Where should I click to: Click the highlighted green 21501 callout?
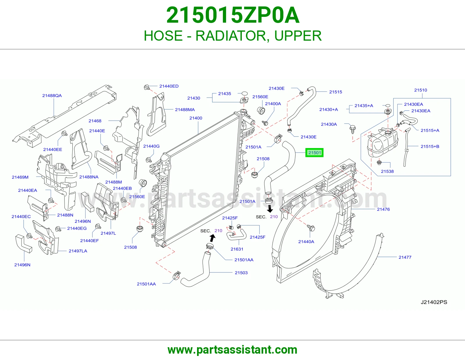314,153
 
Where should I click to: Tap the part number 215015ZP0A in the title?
233,15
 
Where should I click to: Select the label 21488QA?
52,96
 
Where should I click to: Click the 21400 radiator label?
196,118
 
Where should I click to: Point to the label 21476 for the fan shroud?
383,209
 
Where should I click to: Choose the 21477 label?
405,257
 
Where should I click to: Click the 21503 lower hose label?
241,273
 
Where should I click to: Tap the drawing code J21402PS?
434,302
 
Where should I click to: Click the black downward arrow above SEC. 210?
270,209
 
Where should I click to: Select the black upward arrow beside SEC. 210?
212,238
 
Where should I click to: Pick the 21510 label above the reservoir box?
421,90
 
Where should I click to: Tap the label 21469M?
20,177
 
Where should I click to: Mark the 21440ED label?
169,86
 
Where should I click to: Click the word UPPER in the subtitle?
298,36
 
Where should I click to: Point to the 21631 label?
237,249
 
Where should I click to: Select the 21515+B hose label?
430,146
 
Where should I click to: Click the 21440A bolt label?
306,242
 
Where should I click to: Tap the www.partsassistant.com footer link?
233,350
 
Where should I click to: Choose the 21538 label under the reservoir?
387,171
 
